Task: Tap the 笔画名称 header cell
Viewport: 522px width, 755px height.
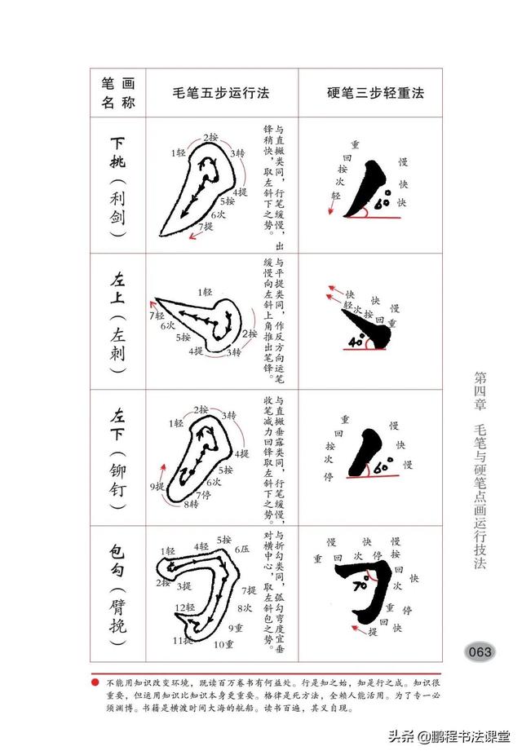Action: tap(117, 93)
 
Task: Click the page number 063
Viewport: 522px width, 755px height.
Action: tap(479, 651)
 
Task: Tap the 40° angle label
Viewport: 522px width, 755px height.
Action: tap(356, 342)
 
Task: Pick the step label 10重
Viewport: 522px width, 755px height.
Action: tap(223, 644)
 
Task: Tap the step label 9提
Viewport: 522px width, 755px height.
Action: tap(157, 487)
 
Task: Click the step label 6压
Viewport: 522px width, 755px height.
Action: tap(243, 548)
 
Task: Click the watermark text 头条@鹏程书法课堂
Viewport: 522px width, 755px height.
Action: tap(444, 736)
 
